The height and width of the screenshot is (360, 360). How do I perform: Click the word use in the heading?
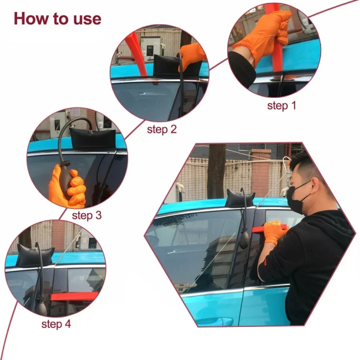(x=86, y=19)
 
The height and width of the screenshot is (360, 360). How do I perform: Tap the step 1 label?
(x=281, y=106)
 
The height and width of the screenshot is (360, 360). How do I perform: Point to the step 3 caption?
(x=87, y=215)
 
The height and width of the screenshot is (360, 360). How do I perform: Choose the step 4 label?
(x=56, y=324)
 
